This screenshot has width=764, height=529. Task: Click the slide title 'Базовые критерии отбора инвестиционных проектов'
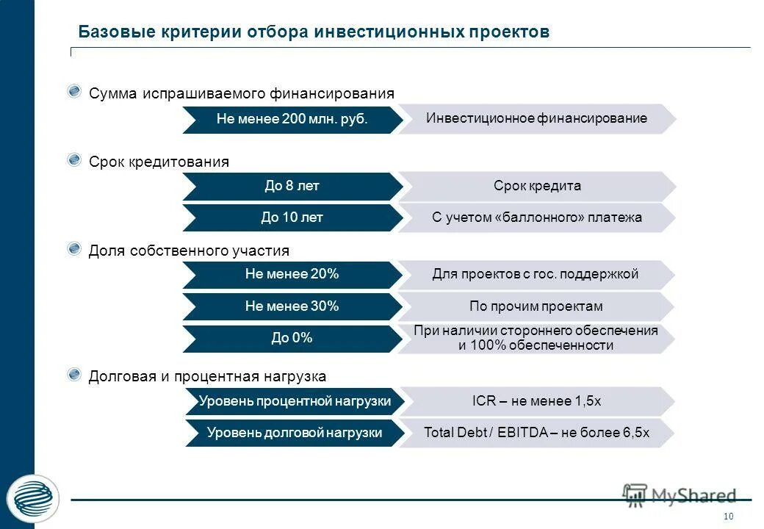point(314,32)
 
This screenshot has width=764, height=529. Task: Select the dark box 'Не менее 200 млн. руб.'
point(292,119)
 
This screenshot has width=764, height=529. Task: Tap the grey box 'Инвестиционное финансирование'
point(536,118)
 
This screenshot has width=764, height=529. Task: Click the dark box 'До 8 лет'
point(292,186)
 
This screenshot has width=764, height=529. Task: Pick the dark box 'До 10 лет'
point(292,217)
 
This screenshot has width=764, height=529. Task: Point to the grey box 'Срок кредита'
point(536,186)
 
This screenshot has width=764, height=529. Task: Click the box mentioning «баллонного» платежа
point(536,217)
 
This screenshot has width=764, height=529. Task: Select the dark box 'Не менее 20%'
point(292,274)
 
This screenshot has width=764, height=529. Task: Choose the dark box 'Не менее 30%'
point(292,306)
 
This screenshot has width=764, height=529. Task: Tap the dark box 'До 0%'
point(292,338)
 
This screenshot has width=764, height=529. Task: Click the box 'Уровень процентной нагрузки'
point(294,401)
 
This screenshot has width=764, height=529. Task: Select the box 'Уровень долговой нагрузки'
point(294,433)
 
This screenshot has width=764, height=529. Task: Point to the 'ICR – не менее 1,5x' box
point(536,401)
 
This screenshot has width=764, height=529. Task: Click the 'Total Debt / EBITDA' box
point(536,433)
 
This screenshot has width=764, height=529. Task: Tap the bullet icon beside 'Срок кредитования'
point(74,160)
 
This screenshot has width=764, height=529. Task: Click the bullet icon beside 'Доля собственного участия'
point(74,250)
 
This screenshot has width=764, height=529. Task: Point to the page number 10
point(729,516)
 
